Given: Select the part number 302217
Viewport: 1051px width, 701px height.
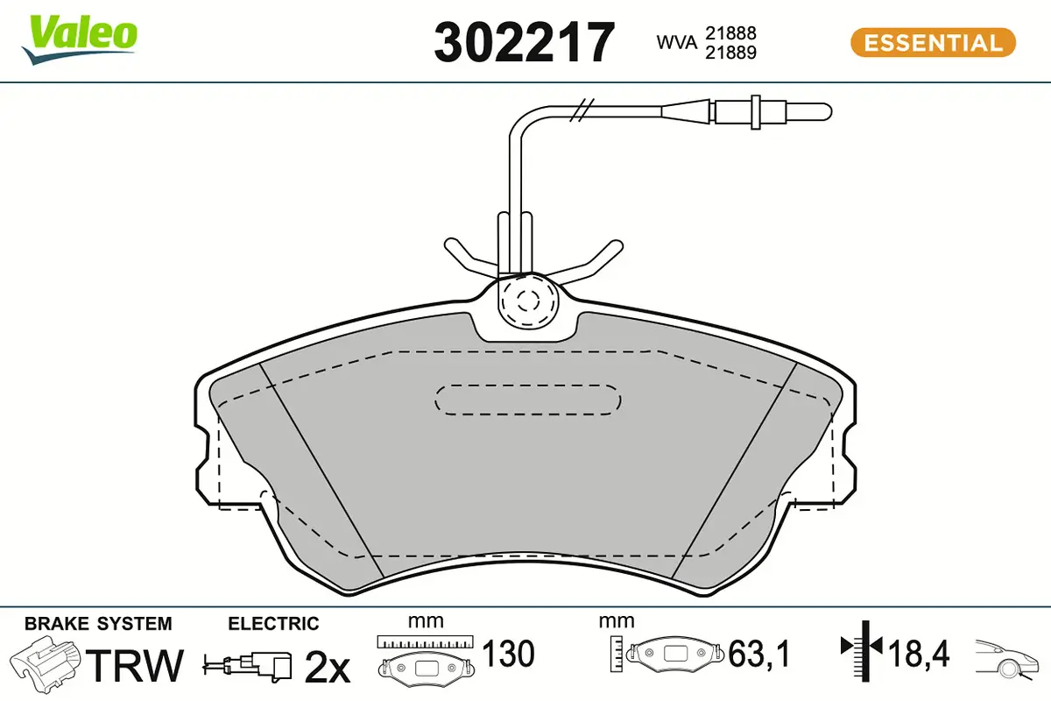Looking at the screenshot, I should tap(525, 42).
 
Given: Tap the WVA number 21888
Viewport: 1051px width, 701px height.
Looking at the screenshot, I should tap(731, 32).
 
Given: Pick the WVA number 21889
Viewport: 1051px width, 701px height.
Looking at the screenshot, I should tap(731, 52).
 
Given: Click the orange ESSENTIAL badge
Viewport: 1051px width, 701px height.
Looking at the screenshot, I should tap(933, 42).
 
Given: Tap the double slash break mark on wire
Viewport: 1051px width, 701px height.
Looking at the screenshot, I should tap(581, 110).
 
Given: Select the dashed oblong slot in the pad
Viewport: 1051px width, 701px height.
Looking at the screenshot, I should tap(528, 400).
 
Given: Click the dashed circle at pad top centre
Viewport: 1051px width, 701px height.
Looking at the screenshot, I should tap(526, 301).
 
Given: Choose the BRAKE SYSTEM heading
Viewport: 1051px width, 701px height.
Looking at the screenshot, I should tap(98, 624).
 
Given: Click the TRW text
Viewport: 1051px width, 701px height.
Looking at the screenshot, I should tap(138, 666).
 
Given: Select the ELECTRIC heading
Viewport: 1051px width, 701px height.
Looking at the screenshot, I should tap(273, 624).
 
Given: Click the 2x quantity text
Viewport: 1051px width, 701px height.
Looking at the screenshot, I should tap(327, 668).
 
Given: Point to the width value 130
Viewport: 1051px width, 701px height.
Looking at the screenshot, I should tap(508, 654).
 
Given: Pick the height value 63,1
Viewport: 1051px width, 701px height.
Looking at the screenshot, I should tap(760, 654).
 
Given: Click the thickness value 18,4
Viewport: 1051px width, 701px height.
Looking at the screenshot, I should tap(919, 654).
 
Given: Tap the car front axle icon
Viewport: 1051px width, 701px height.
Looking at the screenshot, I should tap(1008, 657).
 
